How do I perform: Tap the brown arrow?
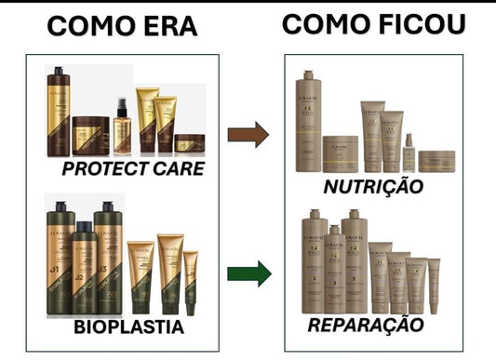(247, 134)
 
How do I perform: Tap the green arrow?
(248, 273)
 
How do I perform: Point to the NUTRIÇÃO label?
(372, 187)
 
